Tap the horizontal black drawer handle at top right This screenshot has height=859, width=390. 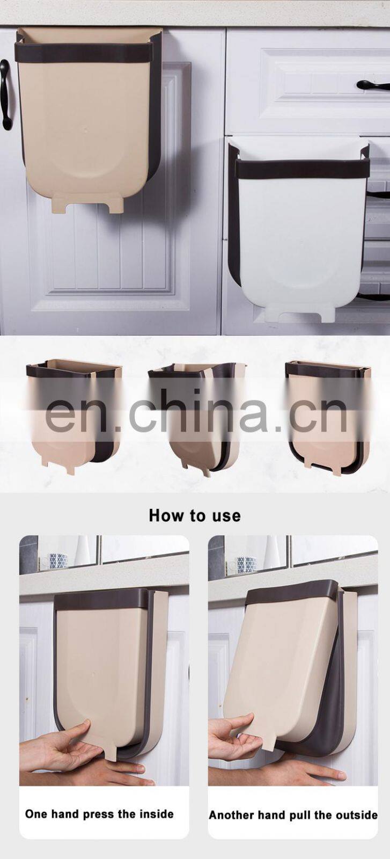click(x=373, y=85)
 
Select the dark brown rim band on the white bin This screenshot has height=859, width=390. click(x=302, y=169)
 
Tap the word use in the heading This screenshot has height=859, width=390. click(x=226, y=516)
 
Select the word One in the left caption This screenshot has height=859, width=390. click(x=36, y=814)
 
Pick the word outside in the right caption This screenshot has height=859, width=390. click(x=356, y=815)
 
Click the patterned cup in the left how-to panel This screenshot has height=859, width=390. click(x=58, y=561)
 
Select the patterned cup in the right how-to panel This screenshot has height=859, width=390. click(x=247, y=564)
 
